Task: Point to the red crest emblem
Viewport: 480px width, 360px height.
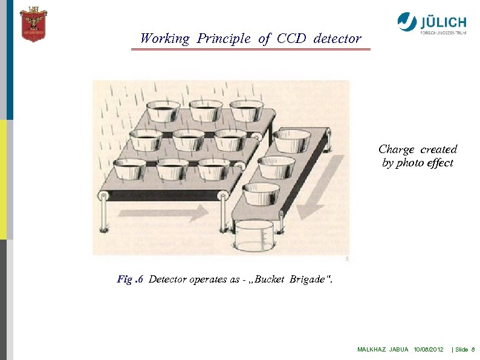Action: pyautogui.click(x=33, y=24)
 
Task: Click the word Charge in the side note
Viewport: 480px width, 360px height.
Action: pyautogui.click(x=397, y=149)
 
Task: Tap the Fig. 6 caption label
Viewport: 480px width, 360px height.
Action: pyautogui.click(x=129, y=280)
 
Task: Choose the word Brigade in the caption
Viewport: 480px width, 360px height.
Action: pyautogui.click(x=311, y=280)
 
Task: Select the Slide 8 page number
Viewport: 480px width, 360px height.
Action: pyautogui.click(x=464, y=350)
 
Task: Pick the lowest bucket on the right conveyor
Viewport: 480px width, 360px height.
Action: pyautogui.click(x=261, y=193)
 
